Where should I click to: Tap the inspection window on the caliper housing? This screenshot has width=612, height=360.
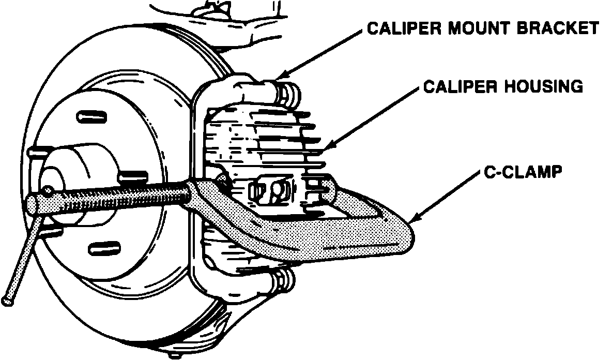[269, 191]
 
